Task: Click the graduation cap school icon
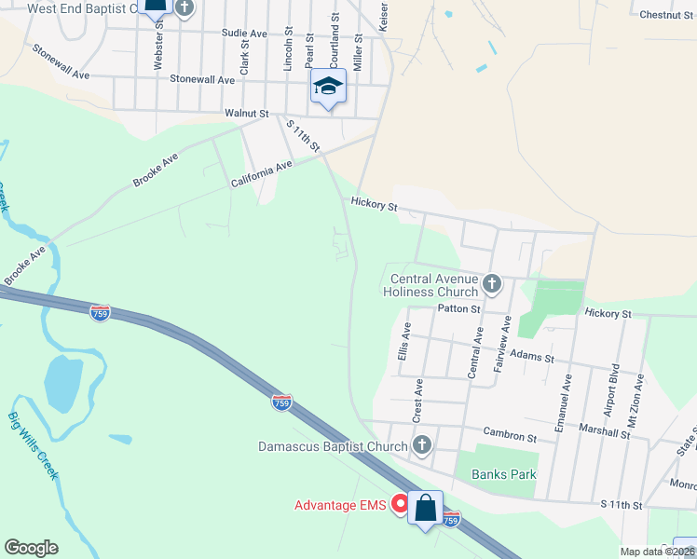pyautogui.click(x=328, y=87)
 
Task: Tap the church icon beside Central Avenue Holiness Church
pyautogui.click(x=492, y=281)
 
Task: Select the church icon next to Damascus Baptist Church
pyautogui.click(x=422, y=445)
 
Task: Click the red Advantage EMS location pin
pyautogui.click(x=401, y=504)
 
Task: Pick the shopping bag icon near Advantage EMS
pyautogui.click(x=426, y=509)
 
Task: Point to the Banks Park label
pyautogui.click(x=504, y=474)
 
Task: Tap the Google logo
pyautogui.click(x=31, y=548)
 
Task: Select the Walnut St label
pyautogui.click(x=247, y=114)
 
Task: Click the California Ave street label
pyautogui.click(x=262, y=173)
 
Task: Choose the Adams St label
pyautogui.click(x=533, y=357)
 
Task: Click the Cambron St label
pyautogui.click(x=510, y=436)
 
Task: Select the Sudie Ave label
pyautogui.click(x=244, y=33)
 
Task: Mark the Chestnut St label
pyautogui.click(x=665, y=14)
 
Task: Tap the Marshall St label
pyautogui.click(x=604, y=432)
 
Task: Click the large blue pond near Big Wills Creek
pyautogui.click(x=62, y=381)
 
